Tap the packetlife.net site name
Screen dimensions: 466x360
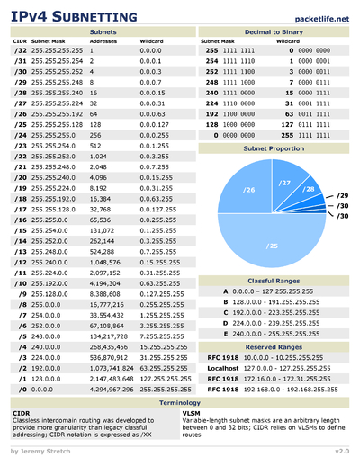(x=320, y=16)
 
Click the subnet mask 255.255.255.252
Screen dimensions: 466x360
(x=58, y=69)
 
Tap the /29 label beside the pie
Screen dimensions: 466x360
(x=342, y=193)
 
